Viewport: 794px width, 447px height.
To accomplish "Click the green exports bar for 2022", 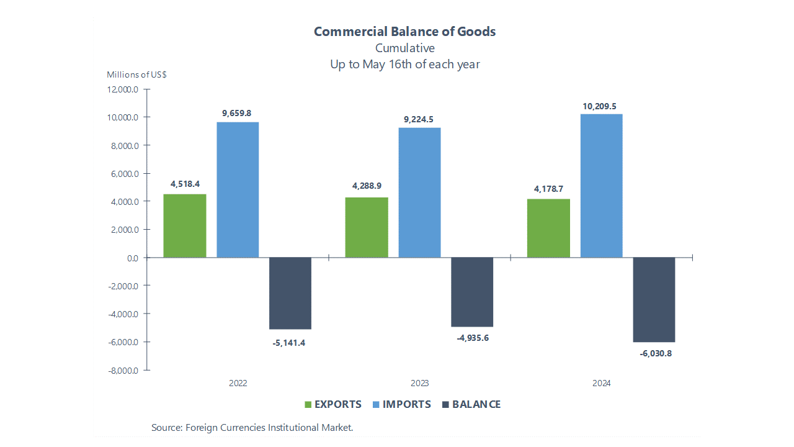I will click(185, 226).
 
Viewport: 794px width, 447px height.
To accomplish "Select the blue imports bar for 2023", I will click(419, 192).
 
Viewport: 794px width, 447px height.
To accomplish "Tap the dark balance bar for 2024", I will click(654, 299).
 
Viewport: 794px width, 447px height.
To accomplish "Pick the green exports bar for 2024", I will click(548, 228).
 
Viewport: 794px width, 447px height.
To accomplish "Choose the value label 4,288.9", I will click(366, 186).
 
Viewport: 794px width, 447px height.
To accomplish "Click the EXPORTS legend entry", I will click(332, 404).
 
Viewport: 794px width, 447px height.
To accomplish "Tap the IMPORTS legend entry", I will click(401, 404).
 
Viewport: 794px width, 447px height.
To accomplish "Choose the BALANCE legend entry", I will click(471, 404).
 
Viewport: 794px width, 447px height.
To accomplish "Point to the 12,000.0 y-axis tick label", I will click(123, 89).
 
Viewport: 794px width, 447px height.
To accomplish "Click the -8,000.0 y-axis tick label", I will click(123, 371).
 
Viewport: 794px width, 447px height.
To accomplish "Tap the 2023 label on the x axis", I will click(419, 383).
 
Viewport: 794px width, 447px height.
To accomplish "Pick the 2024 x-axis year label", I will click(601, 383).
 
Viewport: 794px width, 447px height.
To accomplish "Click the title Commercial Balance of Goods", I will click(404, 32).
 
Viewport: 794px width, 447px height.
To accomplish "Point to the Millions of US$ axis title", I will click(136, 74).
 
